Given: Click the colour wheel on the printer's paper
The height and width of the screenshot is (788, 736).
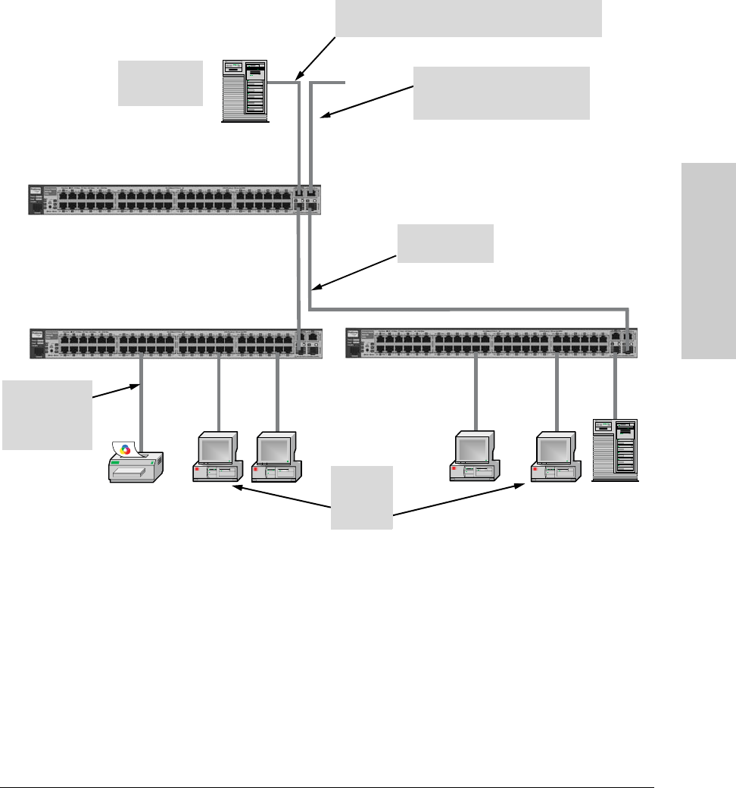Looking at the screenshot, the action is coord(126,449).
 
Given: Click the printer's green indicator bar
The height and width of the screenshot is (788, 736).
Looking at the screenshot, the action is coord(117,461).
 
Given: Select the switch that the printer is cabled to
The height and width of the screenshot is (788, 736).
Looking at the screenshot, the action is coord(176,343).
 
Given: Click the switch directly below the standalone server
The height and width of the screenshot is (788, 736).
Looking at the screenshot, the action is coord(175,200).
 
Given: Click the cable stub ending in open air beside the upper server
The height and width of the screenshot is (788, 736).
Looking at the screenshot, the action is coord(333,81).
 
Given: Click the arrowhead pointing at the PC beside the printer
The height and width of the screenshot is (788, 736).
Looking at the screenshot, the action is coord(237,489).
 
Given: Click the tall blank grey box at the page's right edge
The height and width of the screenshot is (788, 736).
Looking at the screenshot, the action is coord(708,261).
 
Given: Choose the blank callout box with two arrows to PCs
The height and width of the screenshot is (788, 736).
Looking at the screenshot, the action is coord(362,498).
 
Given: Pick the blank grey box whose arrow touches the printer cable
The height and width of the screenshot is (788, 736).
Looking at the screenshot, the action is coord(47,414).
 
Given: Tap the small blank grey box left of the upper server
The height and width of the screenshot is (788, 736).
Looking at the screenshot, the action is coord(161,83).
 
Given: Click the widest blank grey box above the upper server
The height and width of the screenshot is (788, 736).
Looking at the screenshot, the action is coord(468,18).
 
